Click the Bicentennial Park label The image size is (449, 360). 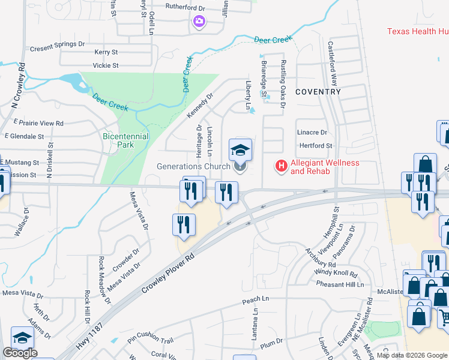click(x=125, y=140)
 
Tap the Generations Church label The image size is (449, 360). click(x=193, y=166)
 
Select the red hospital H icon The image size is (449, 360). click(x=280, y=166)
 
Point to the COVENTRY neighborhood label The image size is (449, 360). click(x=318, y=92)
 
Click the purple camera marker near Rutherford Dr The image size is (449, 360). click(x=199, y=22)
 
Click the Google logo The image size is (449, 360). click(x=20, y=353)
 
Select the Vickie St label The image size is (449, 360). click(x=106, y=65)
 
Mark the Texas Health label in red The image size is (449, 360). click(x=417, y=31)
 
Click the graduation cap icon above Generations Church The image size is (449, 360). click(x=240, y=150)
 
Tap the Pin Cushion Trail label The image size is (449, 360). click(x=149, y=341)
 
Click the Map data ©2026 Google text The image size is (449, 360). click(x=412, y=355)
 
